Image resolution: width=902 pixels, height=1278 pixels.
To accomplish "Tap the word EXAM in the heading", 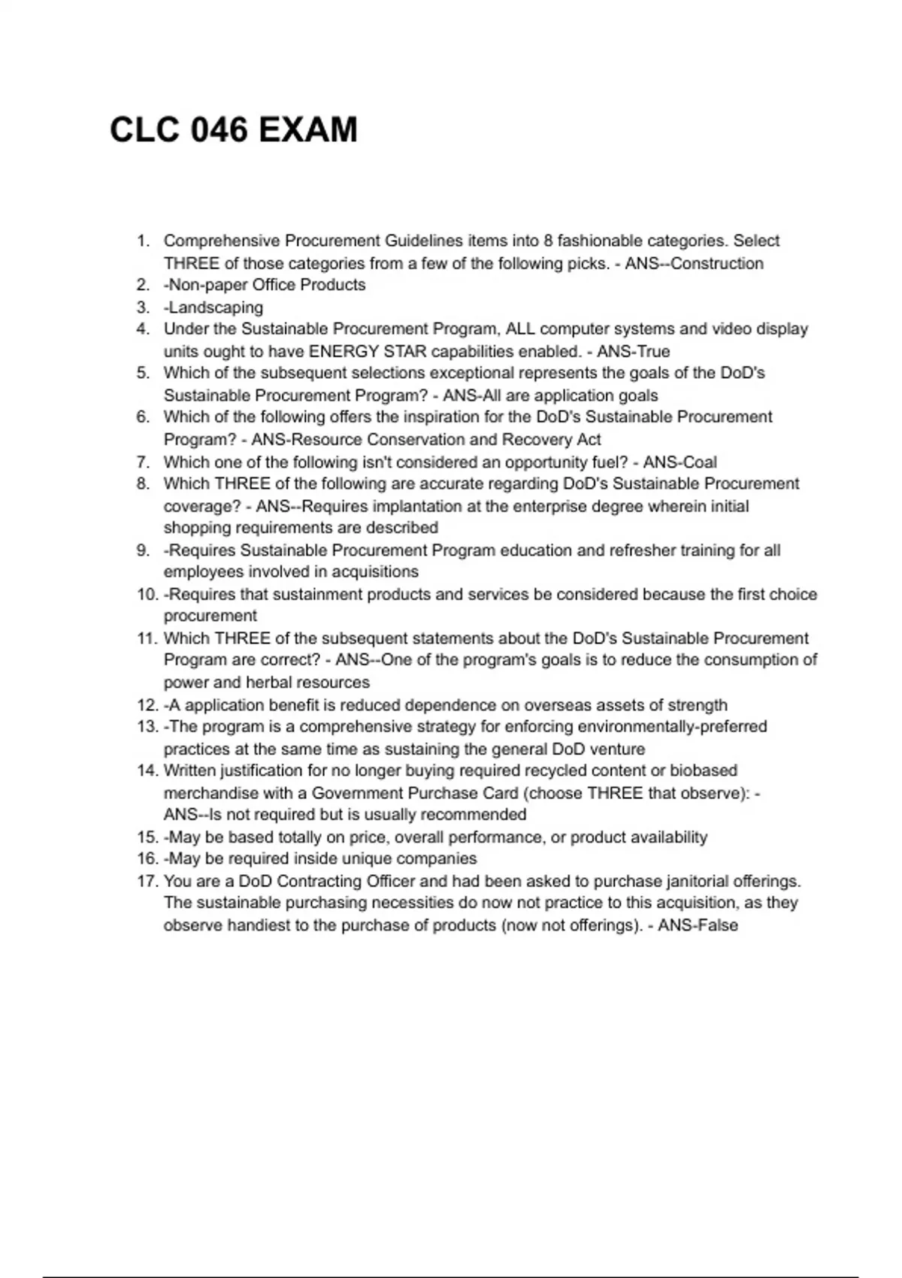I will click(x=308, y=130).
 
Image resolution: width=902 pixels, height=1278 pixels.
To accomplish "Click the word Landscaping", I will click(x=216, y=307).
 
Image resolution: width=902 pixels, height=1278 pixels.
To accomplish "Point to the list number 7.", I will click(x=143, y=462).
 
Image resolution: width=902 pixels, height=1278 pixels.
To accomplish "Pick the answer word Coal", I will click(x=700, y=462).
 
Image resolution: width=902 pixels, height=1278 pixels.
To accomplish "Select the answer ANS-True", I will click(x=633, y=351).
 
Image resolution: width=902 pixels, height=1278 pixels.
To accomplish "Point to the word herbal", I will click(x=271, y=683).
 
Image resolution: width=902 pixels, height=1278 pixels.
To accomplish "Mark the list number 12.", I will click(x=147, y=705).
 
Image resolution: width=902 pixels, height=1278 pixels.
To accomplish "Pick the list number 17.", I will click(x=147, y=881).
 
